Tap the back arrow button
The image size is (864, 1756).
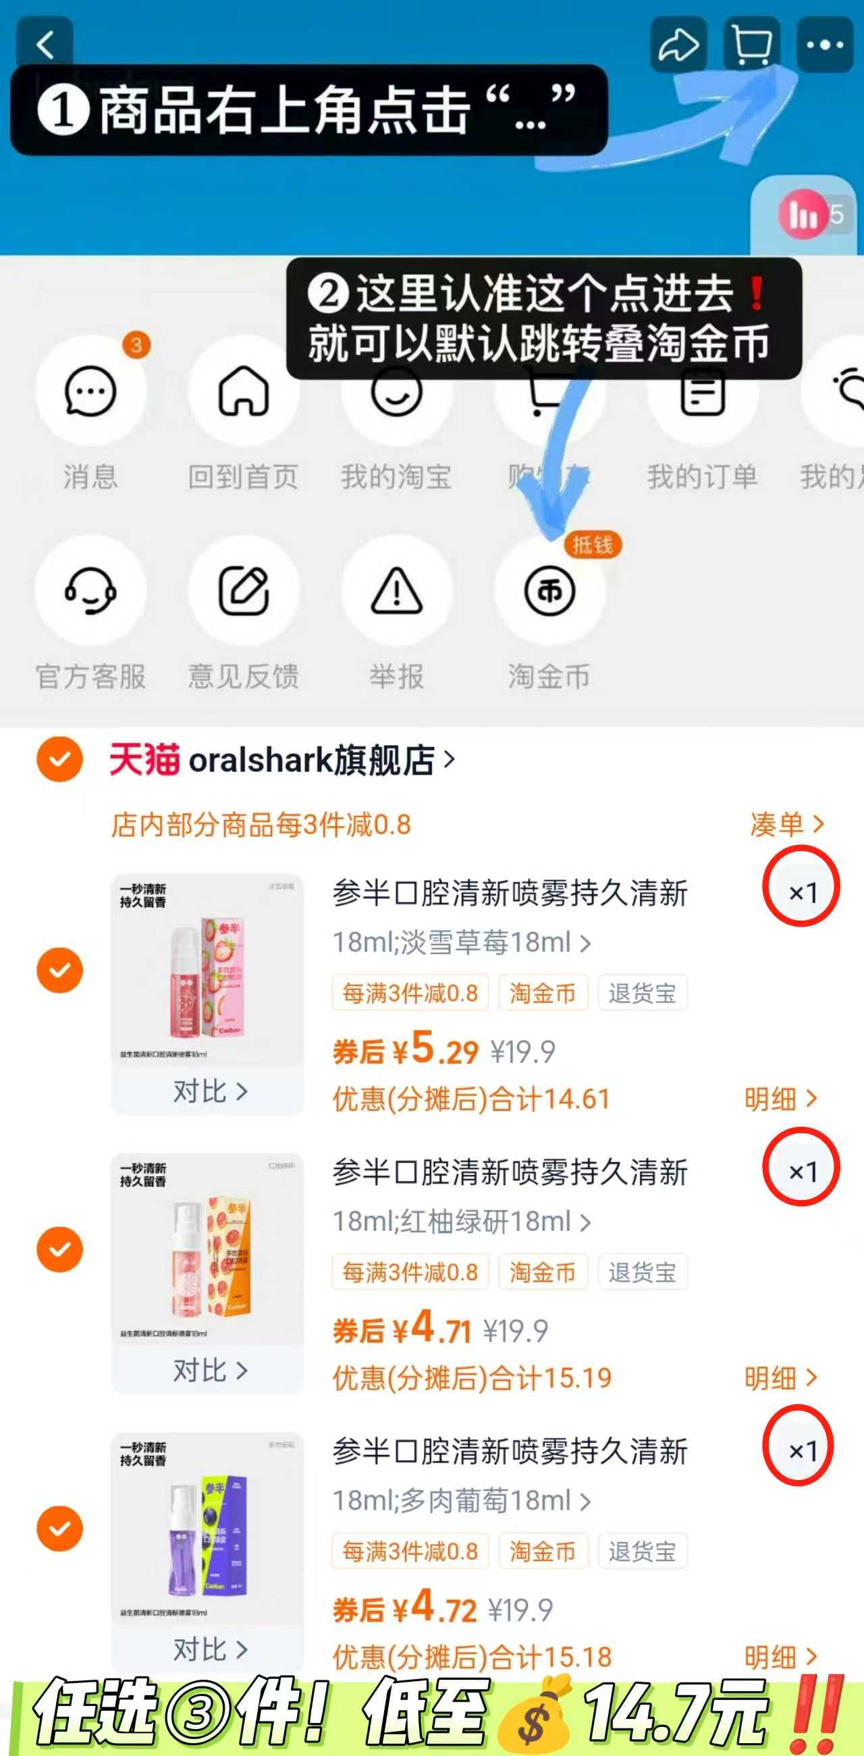click(45, 45)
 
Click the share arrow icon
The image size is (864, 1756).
click(678, 45)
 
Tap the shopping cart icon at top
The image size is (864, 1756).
click(751, 45)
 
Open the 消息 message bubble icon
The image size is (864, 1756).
click(90, 391)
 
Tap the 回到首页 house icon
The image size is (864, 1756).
click(244, 391)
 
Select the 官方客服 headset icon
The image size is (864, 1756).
click(90, 591)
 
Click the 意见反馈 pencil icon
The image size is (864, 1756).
click(244, 591)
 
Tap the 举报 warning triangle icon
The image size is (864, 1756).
click(396, 591)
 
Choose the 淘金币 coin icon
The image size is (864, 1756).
click(549, 591)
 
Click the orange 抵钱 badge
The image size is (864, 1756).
click(592, 545)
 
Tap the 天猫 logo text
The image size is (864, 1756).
click(144, 759)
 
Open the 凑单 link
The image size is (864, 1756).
click(786, 825)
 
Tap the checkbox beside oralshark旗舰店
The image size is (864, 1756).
click(60, 759)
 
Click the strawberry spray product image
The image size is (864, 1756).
click(207, 969)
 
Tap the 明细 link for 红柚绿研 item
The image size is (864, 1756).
click(780, 1378)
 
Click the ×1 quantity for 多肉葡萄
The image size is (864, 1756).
click(802, 1450)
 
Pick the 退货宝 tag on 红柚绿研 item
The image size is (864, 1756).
click(643, 1272)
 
